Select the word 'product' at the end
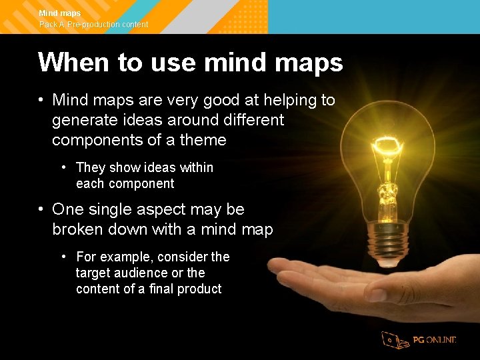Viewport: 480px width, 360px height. pyautogui.click(x=198, y=289)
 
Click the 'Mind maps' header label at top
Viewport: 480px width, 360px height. pyautogui.click(x=60, y=13)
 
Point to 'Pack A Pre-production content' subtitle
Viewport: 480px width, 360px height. pyautogui.click(x=93, y=25)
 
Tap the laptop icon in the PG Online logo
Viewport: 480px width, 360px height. pyautogui.click(x=394, y=340)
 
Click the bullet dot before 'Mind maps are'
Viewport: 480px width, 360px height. pyautogui.click(x=41, y=101)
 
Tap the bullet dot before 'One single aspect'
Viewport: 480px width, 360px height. pyautogui.click(x=41, y=209)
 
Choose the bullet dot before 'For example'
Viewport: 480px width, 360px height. pyautogui.click(x=65, y=257)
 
